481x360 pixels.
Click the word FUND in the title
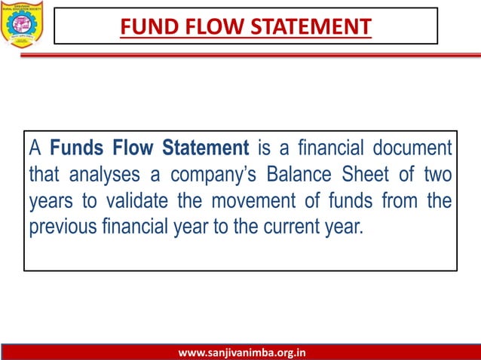coord(148,26)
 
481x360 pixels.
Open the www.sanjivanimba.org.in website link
coord(240,352)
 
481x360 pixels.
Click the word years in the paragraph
coord(49,201)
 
